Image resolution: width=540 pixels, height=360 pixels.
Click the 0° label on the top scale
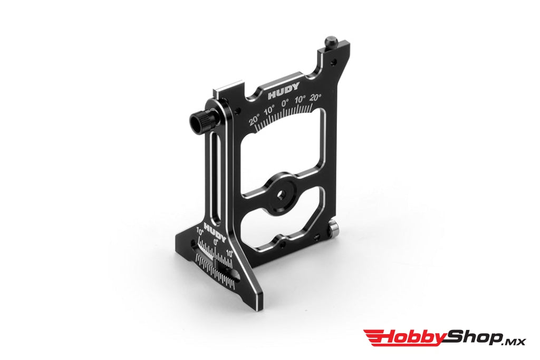pos(285,103)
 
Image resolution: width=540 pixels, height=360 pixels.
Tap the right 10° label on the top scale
pos(300,99)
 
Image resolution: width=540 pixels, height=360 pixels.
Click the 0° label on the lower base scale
pos(216,241)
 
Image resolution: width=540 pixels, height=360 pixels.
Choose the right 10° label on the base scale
pos(229,255)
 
